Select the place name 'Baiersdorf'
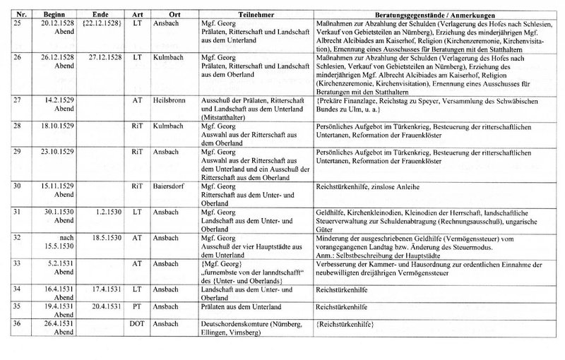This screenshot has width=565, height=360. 172,186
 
